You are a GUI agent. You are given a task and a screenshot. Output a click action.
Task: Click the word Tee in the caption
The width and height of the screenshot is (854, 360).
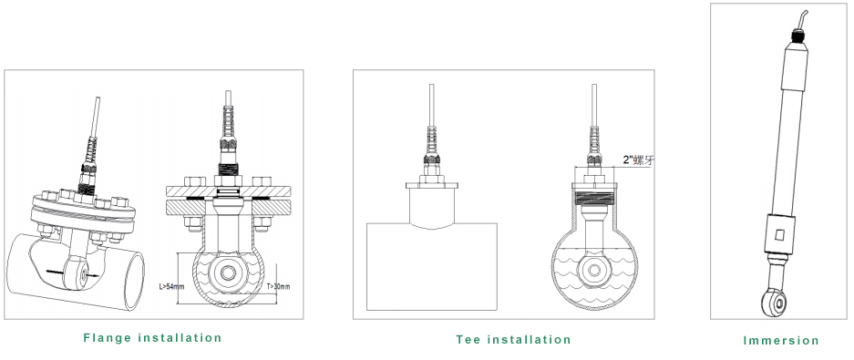[468, 340]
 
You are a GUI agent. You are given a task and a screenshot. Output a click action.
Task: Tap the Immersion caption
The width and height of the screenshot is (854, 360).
[781, 341]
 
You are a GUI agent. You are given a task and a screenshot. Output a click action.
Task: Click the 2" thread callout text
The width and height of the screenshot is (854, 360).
[638, 160]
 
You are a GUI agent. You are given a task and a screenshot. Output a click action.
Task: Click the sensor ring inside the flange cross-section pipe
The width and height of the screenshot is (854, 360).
[228, 273]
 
